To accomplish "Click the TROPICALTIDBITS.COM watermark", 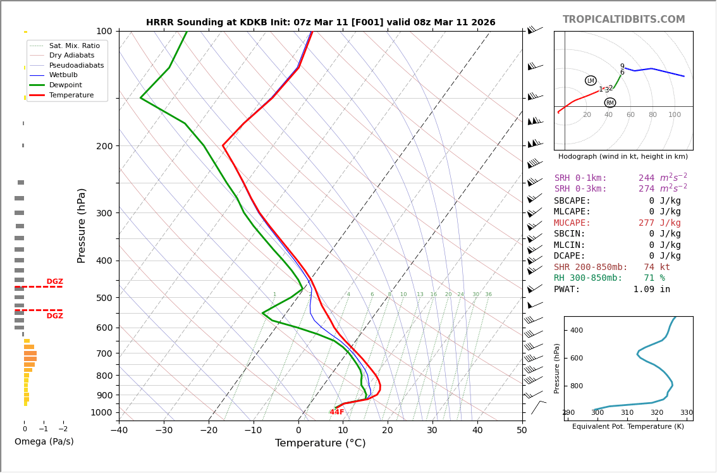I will pyautogui.click(x=623, y=20).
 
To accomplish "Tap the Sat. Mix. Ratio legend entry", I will pyautogui.click(x=74, y=46).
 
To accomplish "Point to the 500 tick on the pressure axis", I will pyautogui.click(x=104, y=298).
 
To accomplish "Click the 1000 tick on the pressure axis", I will pyautogui.click(x=101, y=412).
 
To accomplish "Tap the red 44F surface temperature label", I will pyautogui.click(x=337, y=412).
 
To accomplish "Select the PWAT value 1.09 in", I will pyautogui.click(x=651, y=290).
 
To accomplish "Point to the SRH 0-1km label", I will pyautogui.click(x=580, y=178).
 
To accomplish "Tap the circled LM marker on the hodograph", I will pyautogui.click(x=591, y=81).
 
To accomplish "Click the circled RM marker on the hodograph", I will pyautogui.click(x=610, y=102).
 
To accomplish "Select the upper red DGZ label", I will pyautogui.click(x=54, y=281).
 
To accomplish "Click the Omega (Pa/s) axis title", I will pyautogui.click(x=44, y=441).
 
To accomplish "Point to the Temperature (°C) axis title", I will pyautogui.click(x=320, y=443).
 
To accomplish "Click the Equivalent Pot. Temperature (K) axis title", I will pyautogui.click(x=628, y=427).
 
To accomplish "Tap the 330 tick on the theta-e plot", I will pyautogui.click(x=686, y=413).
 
